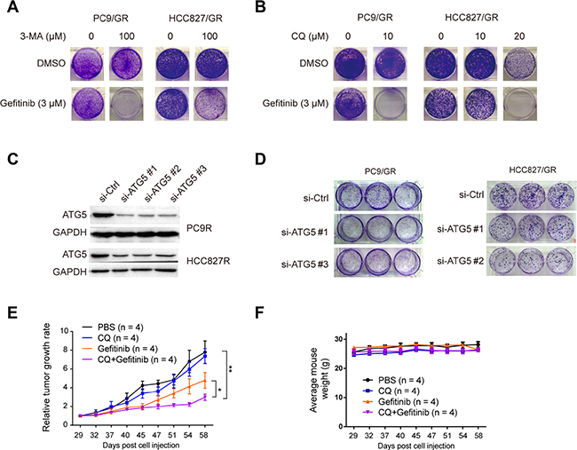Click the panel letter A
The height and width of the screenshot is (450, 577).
click(9, 10)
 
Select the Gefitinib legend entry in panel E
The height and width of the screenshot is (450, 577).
click(123, 352)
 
